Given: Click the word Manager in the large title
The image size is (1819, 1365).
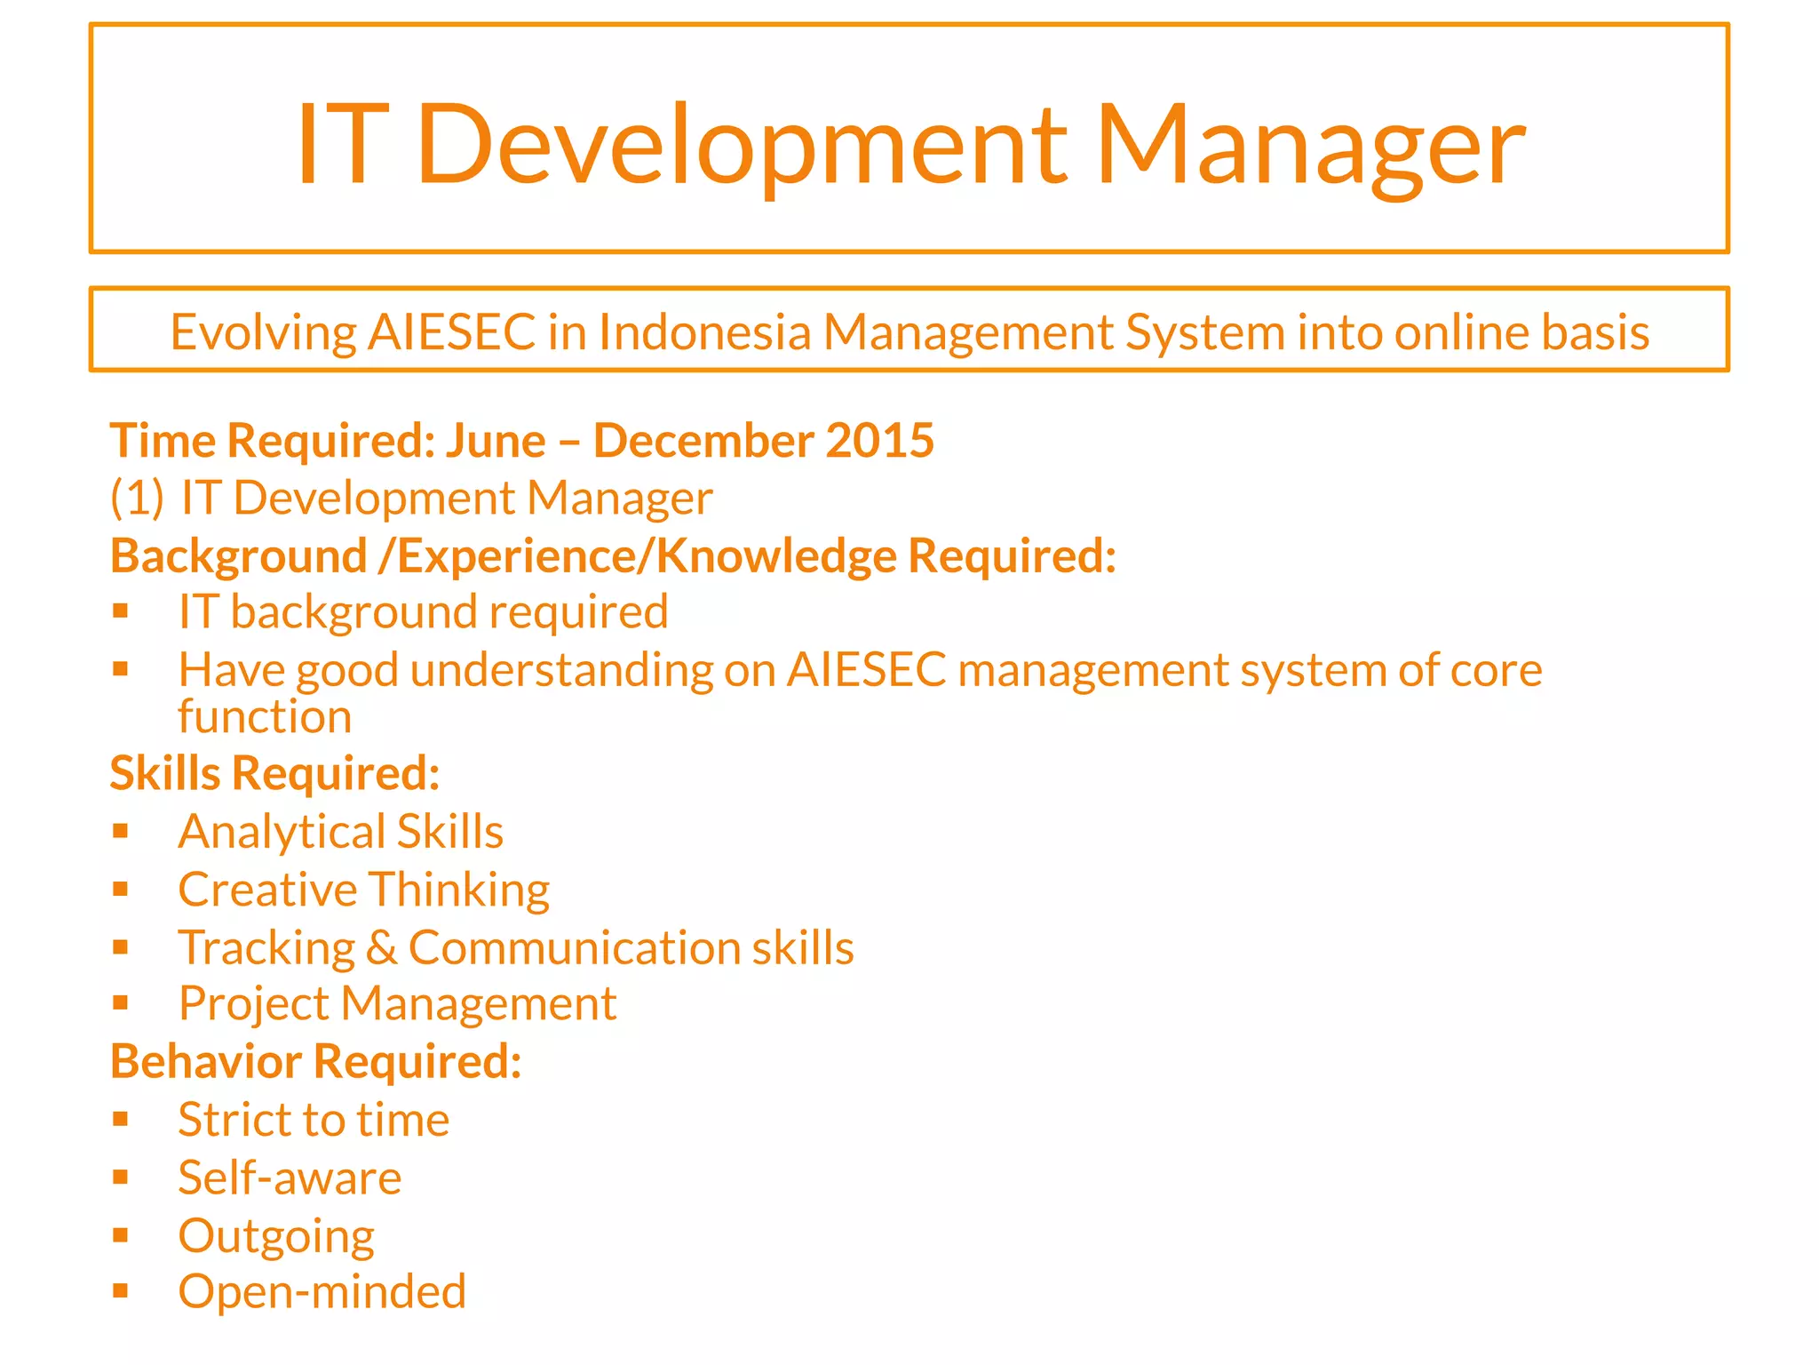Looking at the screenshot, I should (x=1310, y=146).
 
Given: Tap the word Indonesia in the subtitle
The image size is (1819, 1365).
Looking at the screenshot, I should (x=704, y=333).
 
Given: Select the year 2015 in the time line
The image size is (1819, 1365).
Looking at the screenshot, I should (x=879, y=441).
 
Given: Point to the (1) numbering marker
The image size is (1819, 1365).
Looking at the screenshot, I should (x=137, y=498).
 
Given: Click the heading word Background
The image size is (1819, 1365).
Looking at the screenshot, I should (x=238, y=557).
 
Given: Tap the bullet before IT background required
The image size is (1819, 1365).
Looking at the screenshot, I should (x=121, y=611).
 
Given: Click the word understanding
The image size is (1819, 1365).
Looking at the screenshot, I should (x=561, y=670).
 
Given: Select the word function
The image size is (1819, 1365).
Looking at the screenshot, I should (x=265, y=716).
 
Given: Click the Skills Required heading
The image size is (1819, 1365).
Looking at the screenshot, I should (x=274, y=773).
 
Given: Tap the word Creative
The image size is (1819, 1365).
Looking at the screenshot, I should (x=267, y=890).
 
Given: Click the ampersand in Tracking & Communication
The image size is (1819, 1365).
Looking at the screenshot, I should (x=381, y=948).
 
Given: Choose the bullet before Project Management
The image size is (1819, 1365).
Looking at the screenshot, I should (x=121, y=1003).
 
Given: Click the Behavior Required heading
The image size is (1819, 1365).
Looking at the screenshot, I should (x=315, y=1062).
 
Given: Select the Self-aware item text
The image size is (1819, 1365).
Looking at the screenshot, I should (x=290, y=1178).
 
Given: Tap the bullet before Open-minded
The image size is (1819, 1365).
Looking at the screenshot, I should (x=121, y=1291).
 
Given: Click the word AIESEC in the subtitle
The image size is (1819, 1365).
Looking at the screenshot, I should (x=452, y=333).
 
